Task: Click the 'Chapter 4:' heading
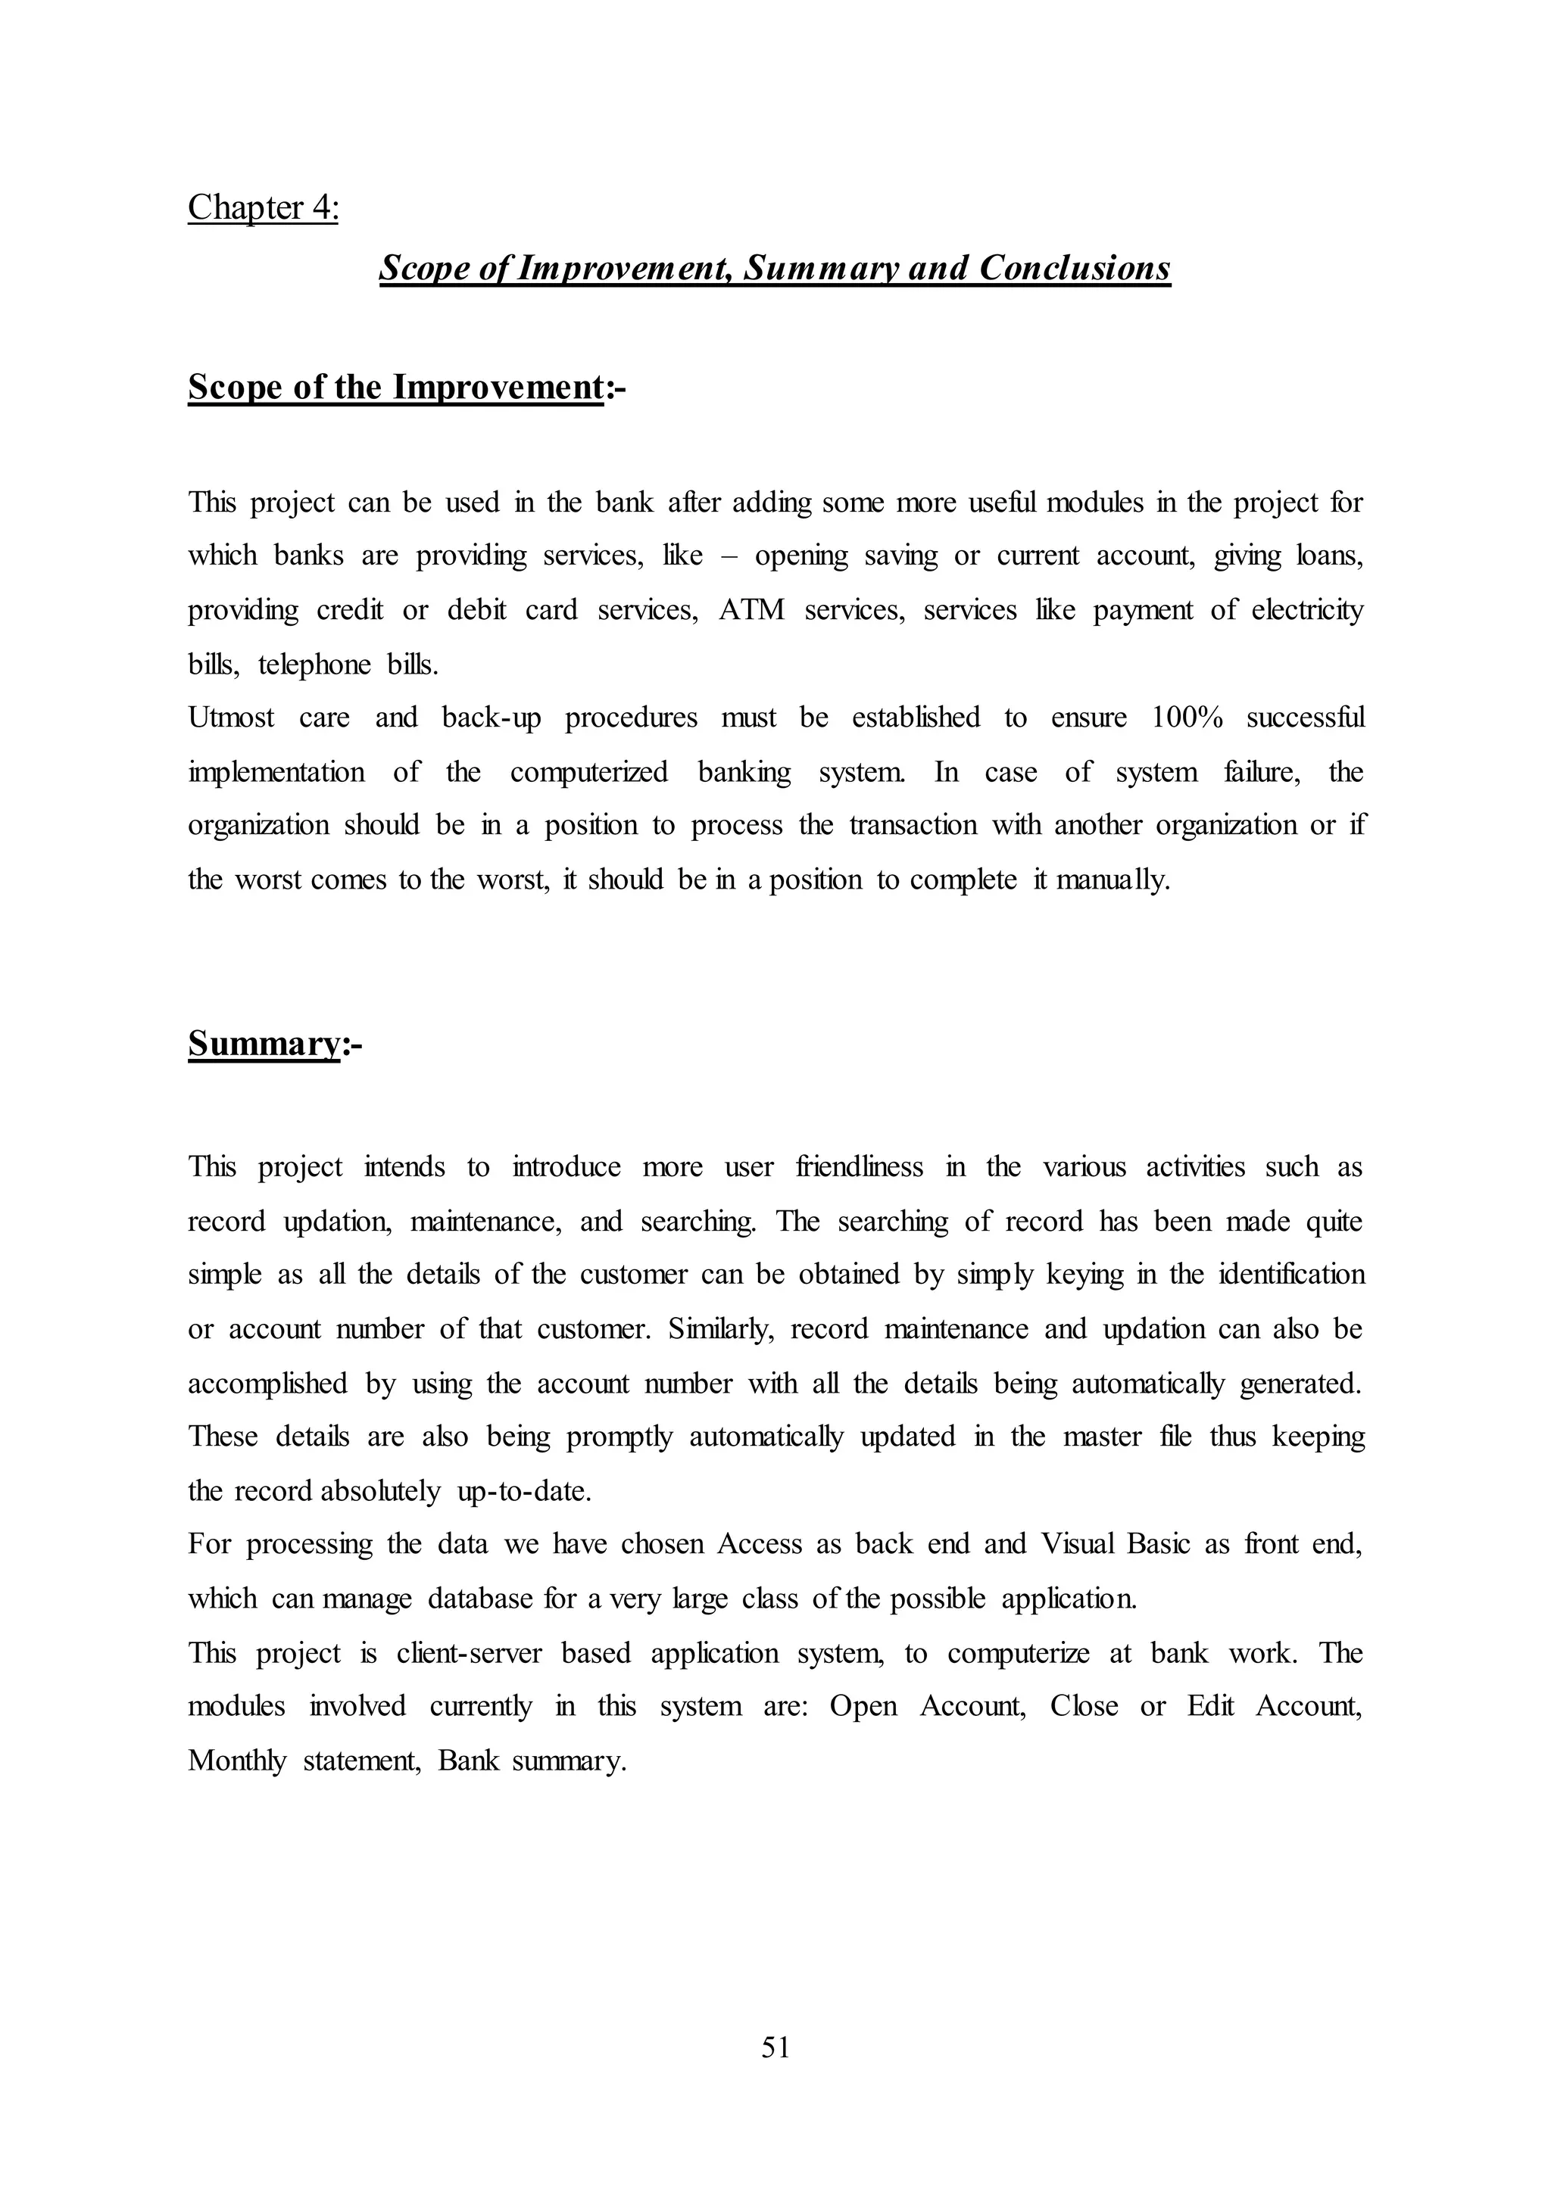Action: point(263,207)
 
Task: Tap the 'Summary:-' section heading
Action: point(274,1045)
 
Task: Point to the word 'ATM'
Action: point(751,610)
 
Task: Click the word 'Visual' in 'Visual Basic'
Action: point(1078,1545)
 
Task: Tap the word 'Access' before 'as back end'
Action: point(760,1545)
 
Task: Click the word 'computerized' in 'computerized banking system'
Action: point(588,771)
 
